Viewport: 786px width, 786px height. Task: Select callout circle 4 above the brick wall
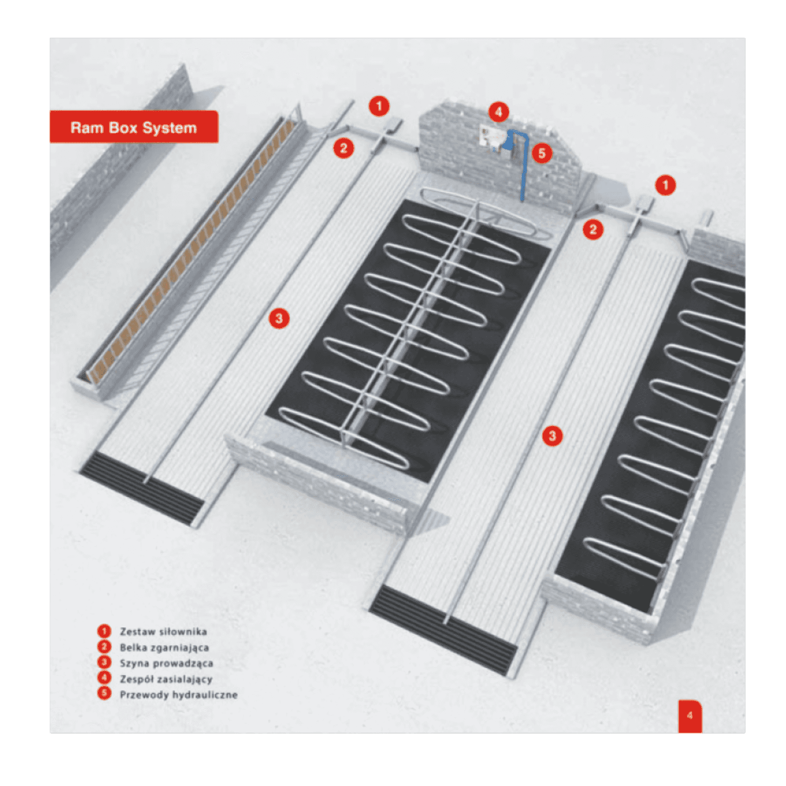pos(498,112)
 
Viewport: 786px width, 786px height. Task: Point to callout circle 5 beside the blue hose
pos(542,154)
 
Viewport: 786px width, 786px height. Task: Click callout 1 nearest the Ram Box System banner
pos(379,106)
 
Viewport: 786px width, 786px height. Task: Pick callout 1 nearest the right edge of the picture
pos(665,185)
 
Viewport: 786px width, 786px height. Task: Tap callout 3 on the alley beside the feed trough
pos(279,318)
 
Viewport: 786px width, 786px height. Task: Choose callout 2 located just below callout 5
pos(593,229)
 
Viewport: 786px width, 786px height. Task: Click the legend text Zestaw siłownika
pos(163,631)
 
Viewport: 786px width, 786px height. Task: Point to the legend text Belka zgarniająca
pos(165,648)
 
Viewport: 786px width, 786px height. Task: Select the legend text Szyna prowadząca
pos(167,663)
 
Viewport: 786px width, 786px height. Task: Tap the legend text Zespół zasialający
pos(166,679)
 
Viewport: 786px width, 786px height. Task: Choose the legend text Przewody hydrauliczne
pos(179,695)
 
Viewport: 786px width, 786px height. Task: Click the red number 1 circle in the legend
pos(104,631)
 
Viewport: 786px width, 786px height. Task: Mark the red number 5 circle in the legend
pos(104,693)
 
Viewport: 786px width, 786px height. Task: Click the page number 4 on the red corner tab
pos(690,715)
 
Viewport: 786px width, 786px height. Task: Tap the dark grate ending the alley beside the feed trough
pos(141,488)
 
